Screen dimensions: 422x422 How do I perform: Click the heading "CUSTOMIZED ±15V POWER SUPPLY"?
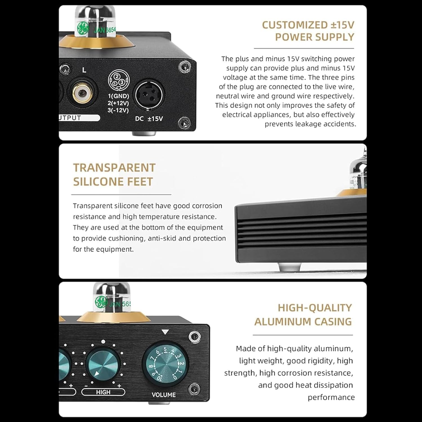(x=308, y=31)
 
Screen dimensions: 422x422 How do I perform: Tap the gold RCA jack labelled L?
(x=82, y=92)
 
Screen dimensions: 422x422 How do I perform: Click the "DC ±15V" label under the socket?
(x=149, y=119)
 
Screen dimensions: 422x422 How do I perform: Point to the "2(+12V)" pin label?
(x=118, y=103)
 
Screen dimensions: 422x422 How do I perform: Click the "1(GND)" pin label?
(x=118, y=96)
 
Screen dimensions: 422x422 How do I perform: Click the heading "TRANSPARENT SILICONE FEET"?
(x=114, y=174)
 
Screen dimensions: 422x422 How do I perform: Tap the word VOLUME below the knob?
(x=163, y=395)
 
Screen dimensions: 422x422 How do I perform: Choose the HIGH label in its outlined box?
(x=103, y=392)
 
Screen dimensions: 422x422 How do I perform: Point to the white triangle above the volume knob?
(x=165, y=332)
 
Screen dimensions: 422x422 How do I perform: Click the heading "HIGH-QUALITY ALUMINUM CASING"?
(x=303, y=315)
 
